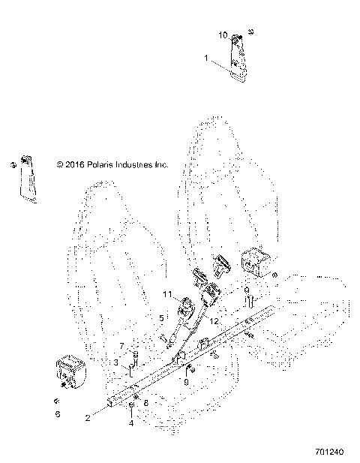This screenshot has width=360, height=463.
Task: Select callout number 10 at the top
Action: (x=222, y=35)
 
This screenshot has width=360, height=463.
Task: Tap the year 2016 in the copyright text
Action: (x=73, y=164)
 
